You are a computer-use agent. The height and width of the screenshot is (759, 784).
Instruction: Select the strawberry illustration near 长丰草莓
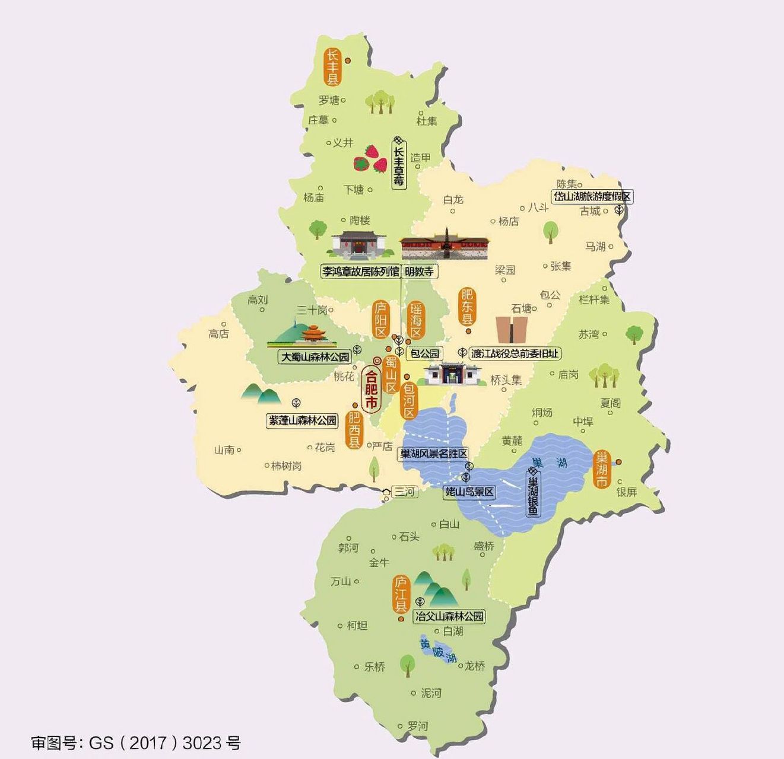(x=370, y=158)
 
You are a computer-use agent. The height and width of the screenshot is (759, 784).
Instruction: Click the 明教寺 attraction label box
(x=419, y=272)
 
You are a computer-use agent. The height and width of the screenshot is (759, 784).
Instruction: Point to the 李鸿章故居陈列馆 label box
(x=360, y=272)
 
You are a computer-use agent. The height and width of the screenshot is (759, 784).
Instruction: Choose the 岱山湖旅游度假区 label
(x=592, y=196)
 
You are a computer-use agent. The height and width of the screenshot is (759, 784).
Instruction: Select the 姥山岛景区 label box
(x=469, y=492)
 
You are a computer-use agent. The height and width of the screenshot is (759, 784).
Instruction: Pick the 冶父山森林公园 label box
(x=449, y=616)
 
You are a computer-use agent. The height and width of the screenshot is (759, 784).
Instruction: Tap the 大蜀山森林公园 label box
(x=315, y=358)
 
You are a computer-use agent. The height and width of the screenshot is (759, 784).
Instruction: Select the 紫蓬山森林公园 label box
(x=303, y=420)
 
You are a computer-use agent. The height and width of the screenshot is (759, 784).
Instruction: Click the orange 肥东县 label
(x=468, y=307)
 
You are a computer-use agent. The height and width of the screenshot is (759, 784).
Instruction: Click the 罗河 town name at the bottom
(x=418, y=726)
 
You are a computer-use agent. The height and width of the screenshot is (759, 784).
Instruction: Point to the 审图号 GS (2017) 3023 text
(x=135, y=742)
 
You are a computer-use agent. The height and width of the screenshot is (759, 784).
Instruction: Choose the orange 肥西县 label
(x=354, y=430)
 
